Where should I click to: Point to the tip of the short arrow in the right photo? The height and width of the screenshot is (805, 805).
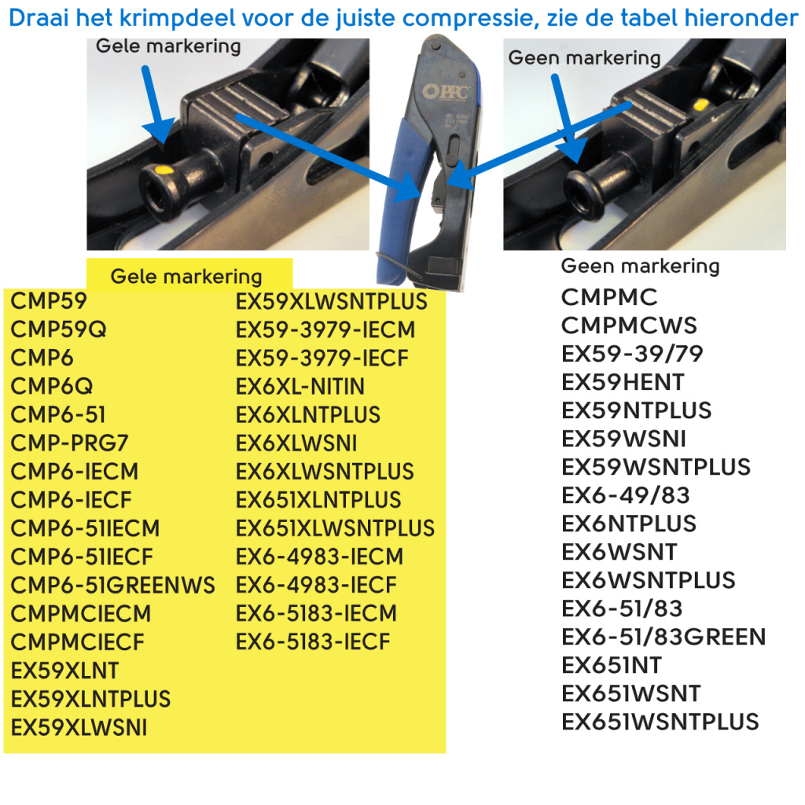click(x=577, y=162)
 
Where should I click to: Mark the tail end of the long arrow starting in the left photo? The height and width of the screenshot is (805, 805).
click(x=237, y=117)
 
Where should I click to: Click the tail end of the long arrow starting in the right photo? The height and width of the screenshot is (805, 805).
click(x=631, y=105)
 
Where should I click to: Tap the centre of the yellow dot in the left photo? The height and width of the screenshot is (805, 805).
click(x=164, y=170)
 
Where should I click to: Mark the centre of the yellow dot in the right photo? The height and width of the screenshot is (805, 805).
click(x=700, y=106)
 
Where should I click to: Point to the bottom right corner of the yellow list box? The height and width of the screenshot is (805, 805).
click(x=446, y=752)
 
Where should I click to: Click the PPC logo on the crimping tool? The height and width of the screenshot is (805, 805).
click(x=446, y=92)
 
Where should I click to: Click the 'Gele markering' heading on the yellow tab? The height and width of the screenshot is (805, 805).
click(x=186, y=277)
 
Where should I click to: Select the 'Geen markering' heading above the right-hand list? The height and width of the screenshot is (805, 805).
click(x=640, y=266)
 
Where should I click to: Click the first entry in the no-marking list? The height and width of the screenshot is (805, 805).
click(x=609, y=297)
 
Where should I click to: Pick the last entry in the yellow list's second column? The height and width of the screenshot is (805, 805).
click(x=313, y=641)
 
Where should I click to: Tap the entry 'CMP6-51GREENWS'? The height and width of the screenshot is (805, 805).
click(x=113, y=585)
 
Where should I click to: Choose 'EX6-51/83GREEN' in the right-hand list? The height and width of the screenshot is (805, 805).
click(x=663, y=637)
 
